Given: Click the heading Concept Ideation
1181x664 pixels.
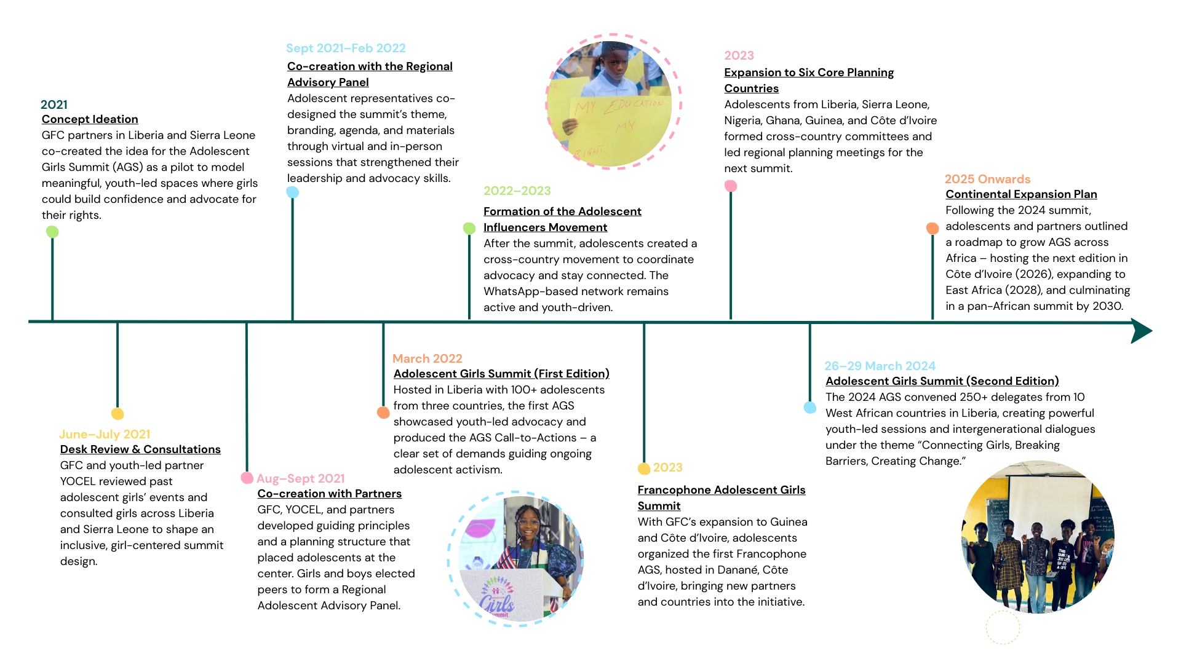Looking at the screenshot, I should pos(90,119).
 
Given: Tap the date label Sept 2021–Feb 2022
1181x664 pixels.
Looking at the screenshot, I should pos(346,48).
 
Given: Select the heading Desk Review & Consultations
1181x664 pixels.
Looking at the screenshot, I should pos(140,449).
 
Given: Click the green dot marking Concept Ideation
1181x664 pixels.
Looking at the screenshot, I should pos(52,232).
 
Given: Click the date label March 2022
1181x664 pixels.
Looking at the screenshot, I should pos(427,358).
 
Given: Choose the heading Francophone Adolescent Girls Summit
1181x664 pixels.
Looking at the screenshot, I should pos(721,497).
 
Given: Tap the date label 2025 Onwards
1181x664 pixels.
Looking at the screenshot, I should pos(987,179).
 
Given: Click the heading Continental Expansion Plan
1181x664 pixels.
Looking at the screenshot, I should pos(1021,194).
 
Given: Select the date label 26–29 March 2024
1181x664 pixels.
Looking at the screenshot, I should pos(880,366).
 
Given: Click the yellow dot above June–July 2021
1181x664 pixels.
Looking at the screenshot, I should pos(117,414).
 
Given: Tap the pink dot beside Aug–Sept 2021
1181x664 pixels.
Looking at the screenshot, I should pos(247,478).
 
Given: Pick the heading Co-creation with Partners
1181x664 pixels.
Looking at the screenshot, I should pos(329,494).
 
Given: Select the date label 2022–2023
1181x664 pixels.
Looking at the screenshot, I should pos(517,191).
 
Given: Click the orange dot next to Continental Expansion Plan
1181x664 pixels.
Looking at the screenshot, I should pos(932,228).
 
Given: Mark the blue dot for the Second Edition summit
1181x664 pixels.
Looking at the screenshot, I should pos(810,408).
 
